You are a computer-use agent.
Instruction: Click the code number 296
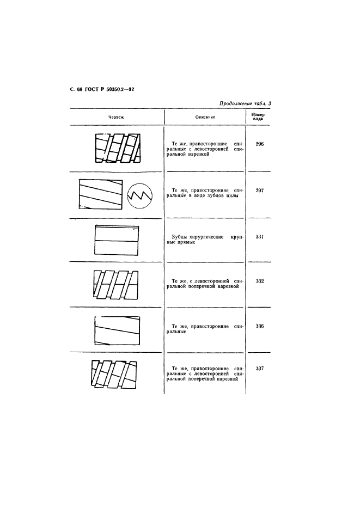pos(260,144)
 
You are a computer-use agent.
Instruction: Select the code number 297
pos(260,191)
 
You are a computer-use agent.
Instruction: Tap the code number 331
pos(260,237)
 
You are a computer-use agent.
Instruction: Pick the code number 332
pos(260,281)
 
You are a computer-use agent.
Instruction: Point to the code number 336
pos(260,326)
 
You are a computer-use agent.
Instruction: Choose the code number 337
pos(260,369)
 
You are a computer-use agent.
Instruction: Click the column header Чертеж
pos(116,117)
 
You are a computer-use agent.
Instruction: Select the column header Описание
pos(205,117)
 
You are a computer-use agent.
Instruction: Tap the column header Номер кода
pos(258,116)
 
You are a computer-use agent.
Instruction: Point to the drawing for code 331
pos(117,240)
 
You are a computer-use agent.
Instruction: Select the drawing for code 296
pos(118,148)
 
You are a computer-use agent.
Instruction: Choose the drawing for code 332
pos(115,284)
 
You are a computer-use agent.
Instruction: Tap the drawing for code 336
pos(117,331)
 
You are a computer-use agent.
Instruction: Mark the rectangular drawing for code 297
pos(101,194)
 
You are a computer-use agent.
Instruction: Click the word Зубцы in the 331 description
pos(179,237)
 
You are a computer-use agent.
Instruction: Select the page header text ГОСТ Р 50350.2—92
pos(109,90)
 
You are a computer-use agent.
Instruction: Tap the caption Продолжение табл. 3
pos(245,103)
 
